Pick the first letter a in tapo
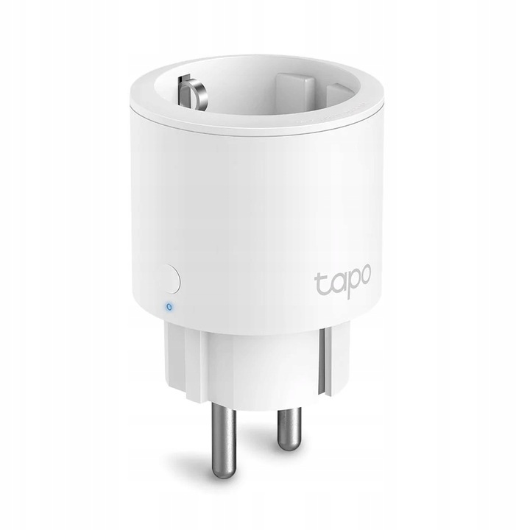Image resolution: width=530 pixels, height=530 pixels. (333, 283)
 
